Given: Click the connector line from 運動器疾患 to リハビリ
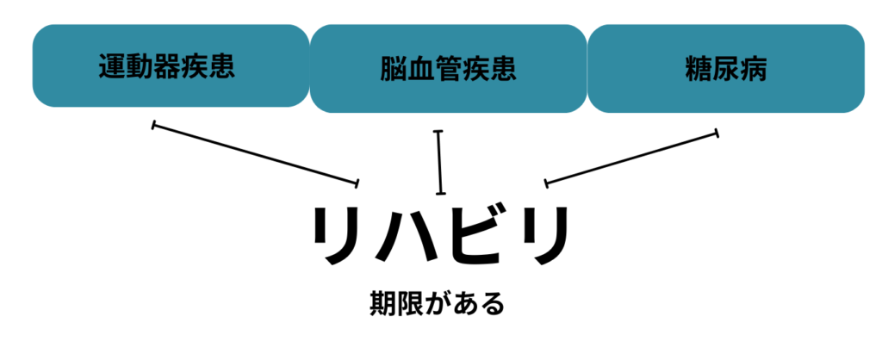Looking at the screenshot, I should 255,154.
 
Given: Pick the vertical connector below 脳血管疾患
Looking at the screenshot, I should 440,162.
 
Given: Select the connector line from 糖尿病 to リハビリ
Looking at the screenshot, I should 631,157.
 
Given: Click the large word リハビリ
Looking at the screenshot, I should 440,237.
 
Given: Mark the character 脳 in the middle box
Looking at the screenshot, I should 394,69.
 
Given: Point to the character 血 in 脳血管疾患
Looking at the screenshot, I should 421,69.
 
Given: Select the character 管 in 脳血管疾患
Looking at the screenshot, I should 448,69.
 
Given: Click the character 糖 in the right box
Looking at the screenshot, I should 699,69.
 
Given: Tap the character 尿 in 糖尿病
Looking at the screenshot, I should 725,69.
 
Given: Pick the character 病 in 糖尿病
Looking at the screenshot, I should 753,69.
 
